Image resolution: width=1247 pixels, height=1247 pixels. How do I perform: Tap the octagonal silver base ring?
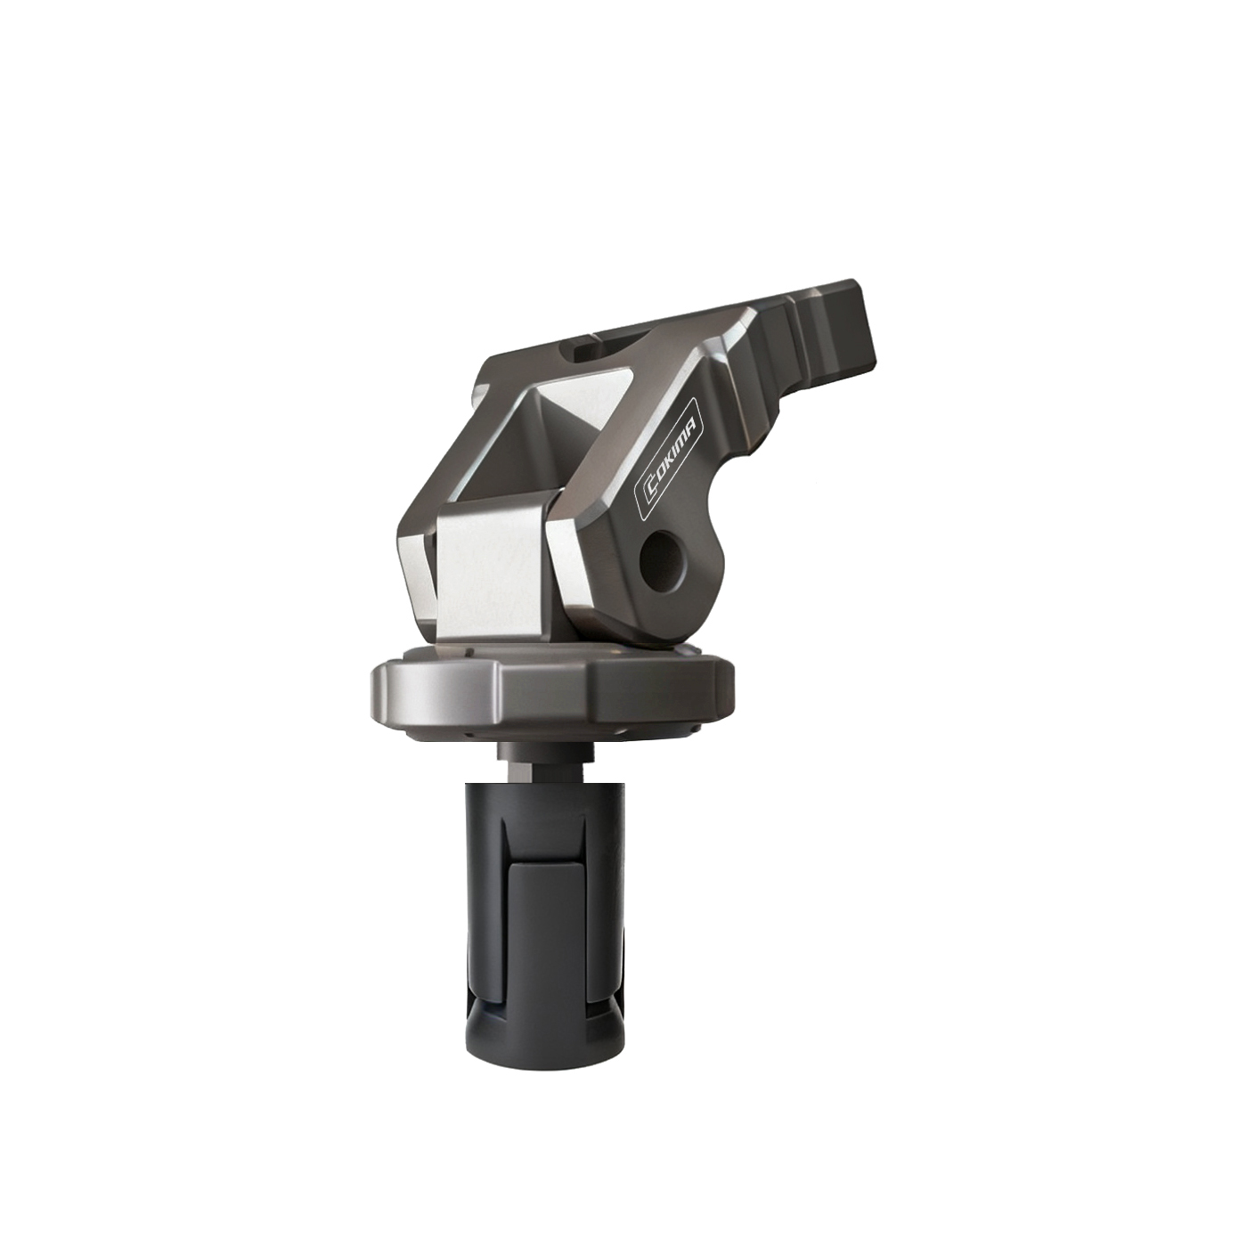552,691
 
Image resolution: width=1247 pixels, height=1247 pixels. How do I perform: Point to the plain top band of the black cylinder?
543,797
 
